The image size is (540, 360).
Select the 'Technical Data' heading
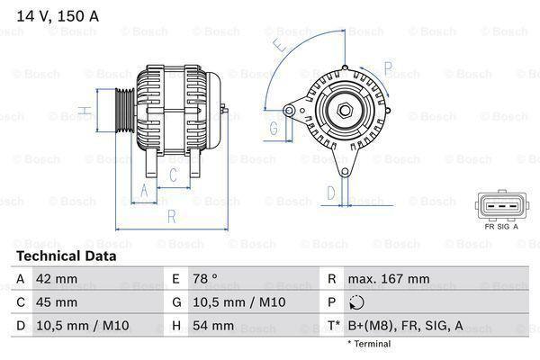click(65, 256)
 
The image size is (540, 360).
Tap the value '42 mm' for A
click(56, 279)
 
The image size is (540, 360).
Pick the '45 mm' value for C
click(56, 302)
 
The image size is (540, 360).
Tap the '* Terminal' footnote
click(370, 344)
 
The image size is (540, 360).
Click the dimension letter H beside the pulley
click(82, 111)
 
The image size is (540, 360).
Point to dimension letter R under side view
click(171, 216)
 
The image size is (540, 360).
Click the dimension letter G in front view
click(274, 129)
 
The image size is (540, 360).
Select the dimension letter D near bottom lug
click(330, 192)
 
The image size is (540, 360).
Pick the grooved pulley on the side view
click(124, 112)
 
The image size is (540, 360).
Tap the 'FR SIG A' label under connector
click(502, 226)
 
